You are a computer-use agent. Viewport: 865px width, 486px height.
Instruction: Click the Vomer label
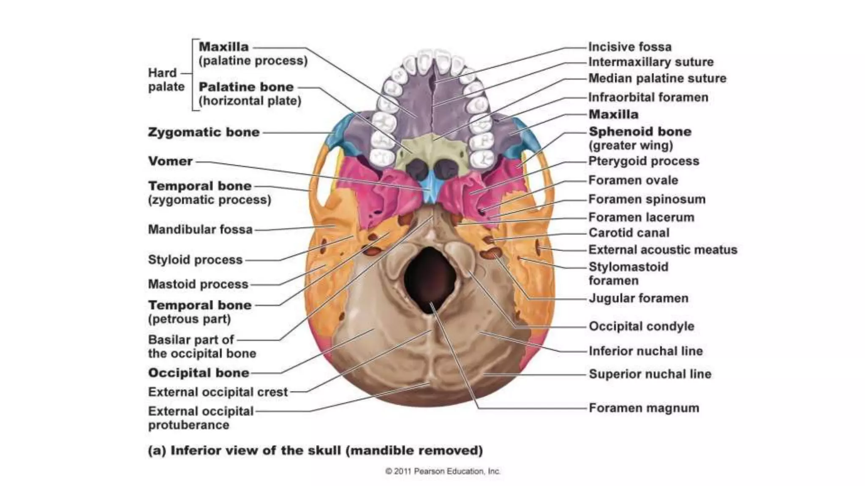(170, 161)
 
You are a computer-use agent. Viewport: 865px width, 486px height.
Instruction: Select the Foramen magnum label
(644, 408)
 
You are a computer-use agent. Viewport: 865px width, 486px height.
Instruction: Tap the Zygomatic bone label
(204, 132)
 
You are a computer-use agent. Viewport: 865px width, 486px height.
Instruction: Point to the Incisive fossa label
(630, 47)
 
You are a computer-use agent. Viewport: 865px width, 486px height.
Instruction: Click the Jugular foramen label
(638, 298)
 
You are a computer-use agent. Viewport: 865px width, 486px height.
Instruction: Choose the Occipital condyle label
(641, 326)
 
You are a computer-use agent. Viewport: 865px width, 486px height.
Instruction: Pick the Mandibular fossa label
(200, 229)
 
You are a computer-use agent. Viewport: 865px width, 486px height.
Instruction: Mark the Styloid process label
(195, 259)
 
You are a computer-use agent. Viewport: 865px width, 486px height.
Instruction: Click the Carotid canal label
(629, 233)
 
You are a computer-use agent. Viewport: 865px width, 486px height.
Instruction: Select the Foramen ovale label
(633, 181)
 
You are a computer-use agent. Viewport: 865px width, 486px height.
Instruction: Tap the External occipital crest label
(218, 392)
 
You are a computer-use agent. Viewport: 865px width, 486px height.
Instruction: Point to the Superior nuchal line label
(650, 374)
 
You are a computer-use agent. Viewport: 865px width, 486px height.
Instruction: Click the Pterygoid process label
(644, 161)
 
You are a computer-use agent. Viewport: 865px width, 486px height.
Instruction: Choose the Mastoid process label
(198, 284)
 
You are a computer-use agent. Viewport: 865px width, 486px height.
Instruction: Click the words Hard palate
(166, 80)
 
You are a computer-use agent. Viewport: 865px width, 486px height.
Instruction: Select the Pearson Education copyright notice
(443, 471)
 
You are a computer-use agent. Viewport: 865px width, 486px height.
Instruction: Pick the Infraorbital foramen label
(648, 97)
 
